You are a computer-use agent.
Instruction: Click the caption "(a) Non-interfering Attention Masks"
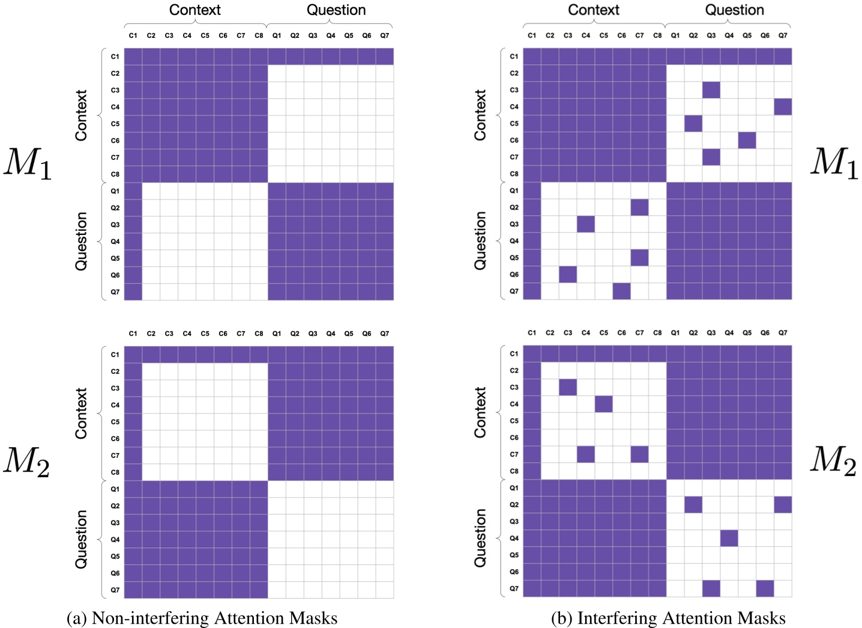click(x=202, y=618)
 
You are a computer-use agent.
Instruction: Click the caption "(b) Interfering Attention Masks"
click(x=668, y=618)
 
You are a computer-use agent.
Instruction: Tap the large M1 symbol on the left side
click(x=28, y=163)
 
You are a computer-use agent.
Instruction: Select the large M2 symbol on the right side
click(x=833, y=461)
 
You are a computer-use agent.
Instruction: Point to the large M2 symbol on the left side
click(x=26, y=462)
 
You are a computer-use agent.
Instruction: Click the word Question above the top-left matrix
click(x=336, y=10)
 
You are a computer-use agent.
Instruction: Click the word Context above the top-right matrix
click(x=593, y=10)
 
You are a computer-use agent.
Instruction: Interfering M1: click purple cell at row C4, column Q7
click(x=783, y=107)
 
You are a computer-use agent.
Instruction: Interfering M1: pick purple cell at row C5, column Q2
click(x=693, y=124)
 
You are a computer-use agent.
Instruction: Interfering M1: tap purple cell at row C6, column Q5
click(x=747, y=140)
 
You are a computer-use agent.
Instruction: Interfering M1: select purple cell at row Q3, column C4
click(x=586, y=224)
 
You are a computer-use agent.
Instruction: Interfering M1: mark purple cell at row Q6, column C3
click(x=568, y=275)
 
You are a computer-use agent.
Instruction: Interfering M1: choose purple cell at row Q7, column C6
click(x=621, y=291)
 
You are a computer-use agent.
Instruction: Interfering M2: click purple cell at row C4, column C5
click(x=604, y=404)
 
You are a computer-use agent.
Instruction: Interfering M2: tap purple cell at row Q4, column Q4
click(x=729, y=538)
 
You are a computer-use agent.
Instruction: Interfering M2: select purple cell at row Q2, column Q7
click(x=783, y=505)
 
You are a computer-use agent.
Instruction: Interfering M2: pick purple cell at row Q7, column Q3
click(x=711, y=588)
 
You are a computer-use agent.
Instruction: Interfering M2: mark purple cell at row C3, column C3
click(x=568, y=387)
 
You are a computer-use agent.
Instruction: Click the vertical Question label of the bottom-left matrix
click(x=81, y=539)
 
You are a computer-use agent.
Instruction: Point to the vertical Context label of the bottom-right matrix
click(x=480, y=412)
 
